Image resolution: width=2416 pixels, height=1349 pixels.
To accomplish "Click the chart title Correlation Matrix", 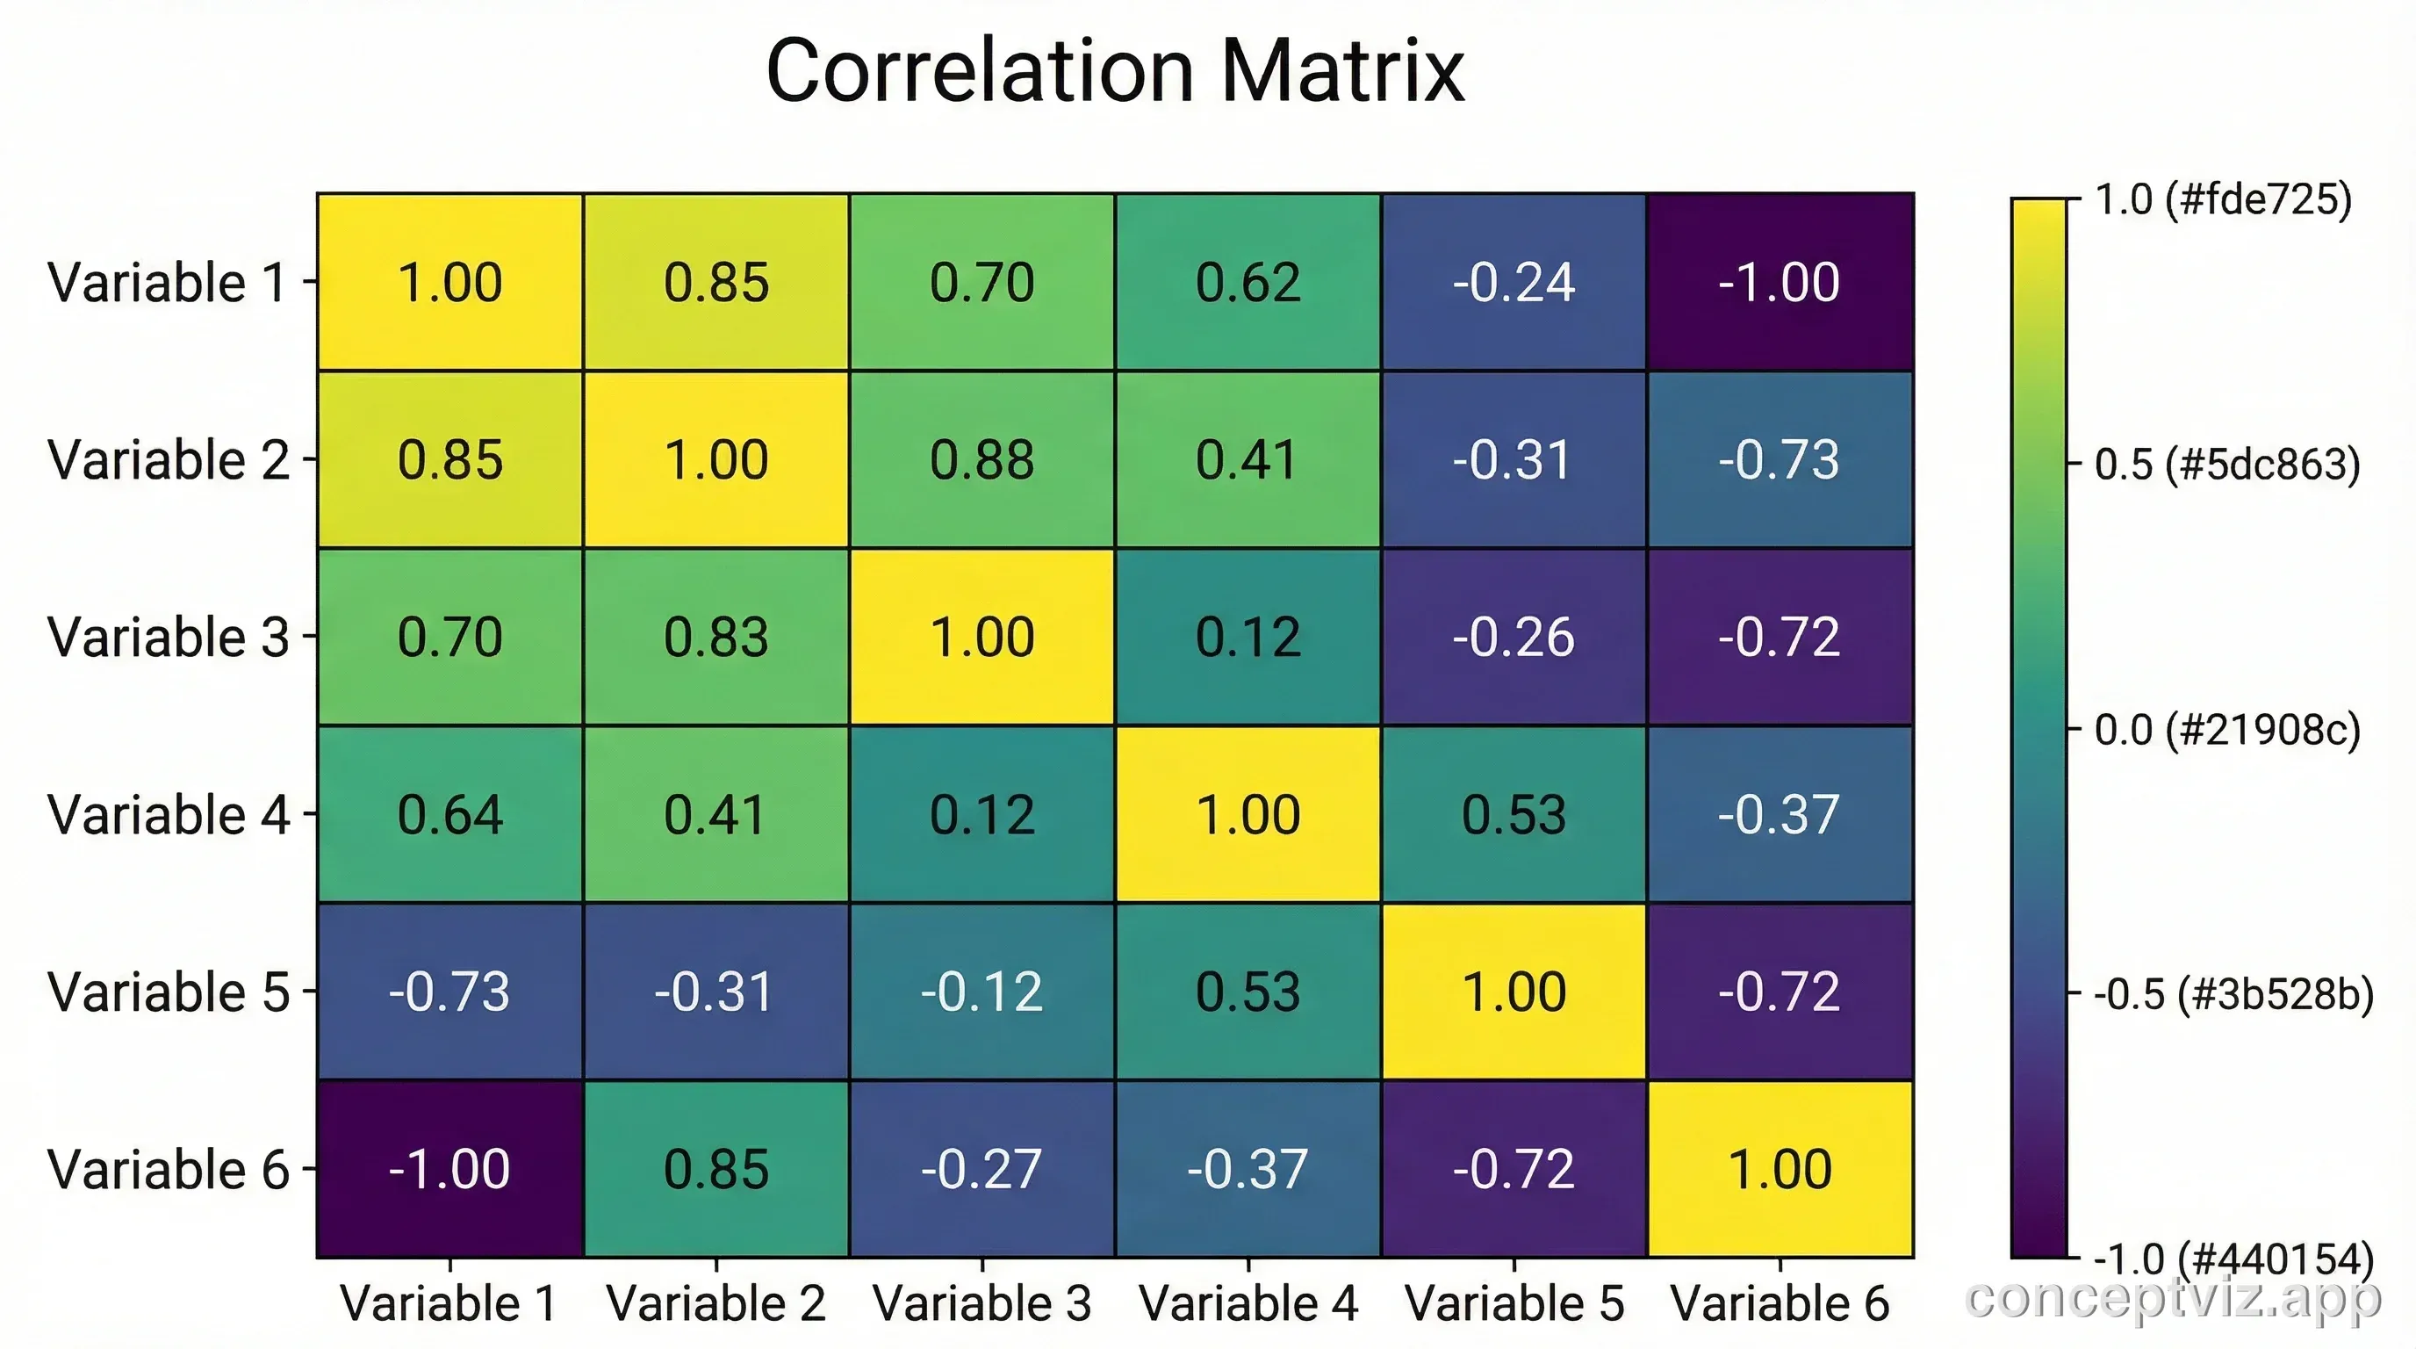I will (1114, 71).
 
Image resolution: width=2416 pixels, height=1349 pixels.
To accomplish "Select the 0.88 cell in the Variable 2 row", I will (982, 459).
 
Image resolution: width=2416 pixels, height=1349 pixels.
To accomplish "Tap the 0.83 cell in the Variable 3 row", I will (715, 637).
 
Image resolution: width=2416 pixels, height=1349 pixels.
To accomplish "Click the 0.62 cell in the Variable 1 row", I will (1248, 283).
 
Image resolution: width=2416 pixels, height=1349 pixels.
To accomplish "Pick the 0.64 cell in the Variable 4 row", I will (450, 814).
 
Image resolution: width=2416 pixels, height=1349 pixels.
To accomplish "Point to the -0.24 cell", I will (1514, 283).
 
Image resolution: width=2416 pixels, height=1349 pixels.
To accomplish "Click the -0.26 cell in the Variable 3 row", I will (1514, 637).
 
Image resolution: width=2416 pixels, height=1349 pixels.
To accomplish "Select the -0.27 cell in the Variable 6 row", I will (982, 1169).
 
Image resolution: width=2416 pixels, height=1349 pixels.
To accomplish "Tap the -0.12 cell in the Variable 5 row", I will (982, 992).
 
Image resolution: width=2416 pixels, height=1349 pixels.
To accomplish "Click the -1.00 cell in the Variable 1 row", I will (1780, 283).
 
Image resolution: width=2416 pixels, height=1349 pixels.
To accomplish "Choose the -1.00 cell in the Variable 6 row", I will (450, 1169).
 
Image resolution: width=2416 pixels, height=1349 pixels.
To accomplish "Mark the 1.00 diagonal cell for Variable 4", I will (1248, 814).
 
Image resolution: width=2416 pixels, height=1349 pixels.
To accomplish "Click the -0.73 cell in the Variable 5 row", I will (450, 992).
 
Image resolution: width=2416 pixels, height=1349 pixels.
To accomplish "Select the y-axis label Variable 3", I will (169, 637).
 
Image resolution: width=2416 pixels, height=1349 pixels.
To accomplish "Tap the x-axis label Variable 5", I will (1514, 1303).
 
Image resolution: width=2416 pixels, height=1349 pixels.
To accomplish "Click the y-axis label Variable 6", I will (169, 1169).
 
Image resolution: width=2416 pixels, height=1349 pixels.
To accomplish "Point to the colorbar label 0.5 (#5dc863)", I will (2225, 465).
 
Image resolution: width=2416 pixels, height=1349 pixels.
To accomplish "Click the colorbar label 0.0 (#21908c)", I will (2225, 730).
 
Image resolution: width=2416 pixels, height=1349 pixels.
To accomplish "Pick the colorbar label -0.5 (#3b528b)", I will (2233, 994).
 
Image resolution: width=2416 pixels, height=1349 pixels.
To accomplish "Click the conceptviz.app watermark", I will (2172, 1298).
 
